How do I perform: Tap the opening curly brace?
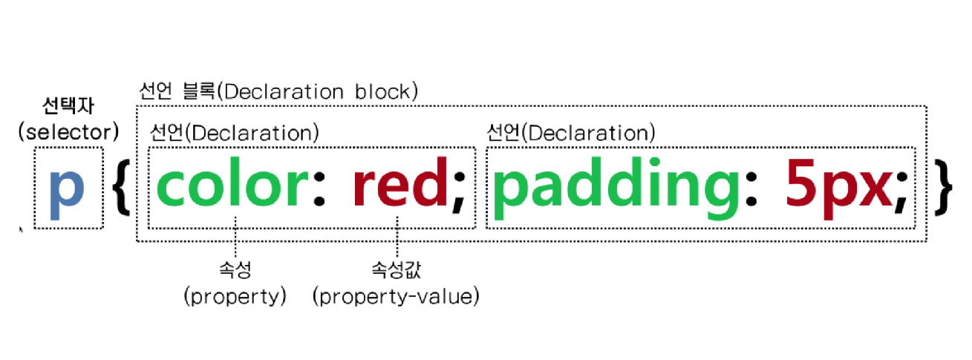[x=123, y=190]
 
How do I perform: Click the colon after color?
[x=319, y=192]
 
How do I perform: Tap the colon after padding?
[x=752, y=192]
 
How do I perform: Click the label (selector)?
[x=68, y=132]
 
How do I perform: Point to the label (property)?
[x=235, y=297]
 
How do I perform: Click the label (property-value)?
[x=396, y=297]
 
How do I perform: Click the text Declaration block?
[x=320, y=91]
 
